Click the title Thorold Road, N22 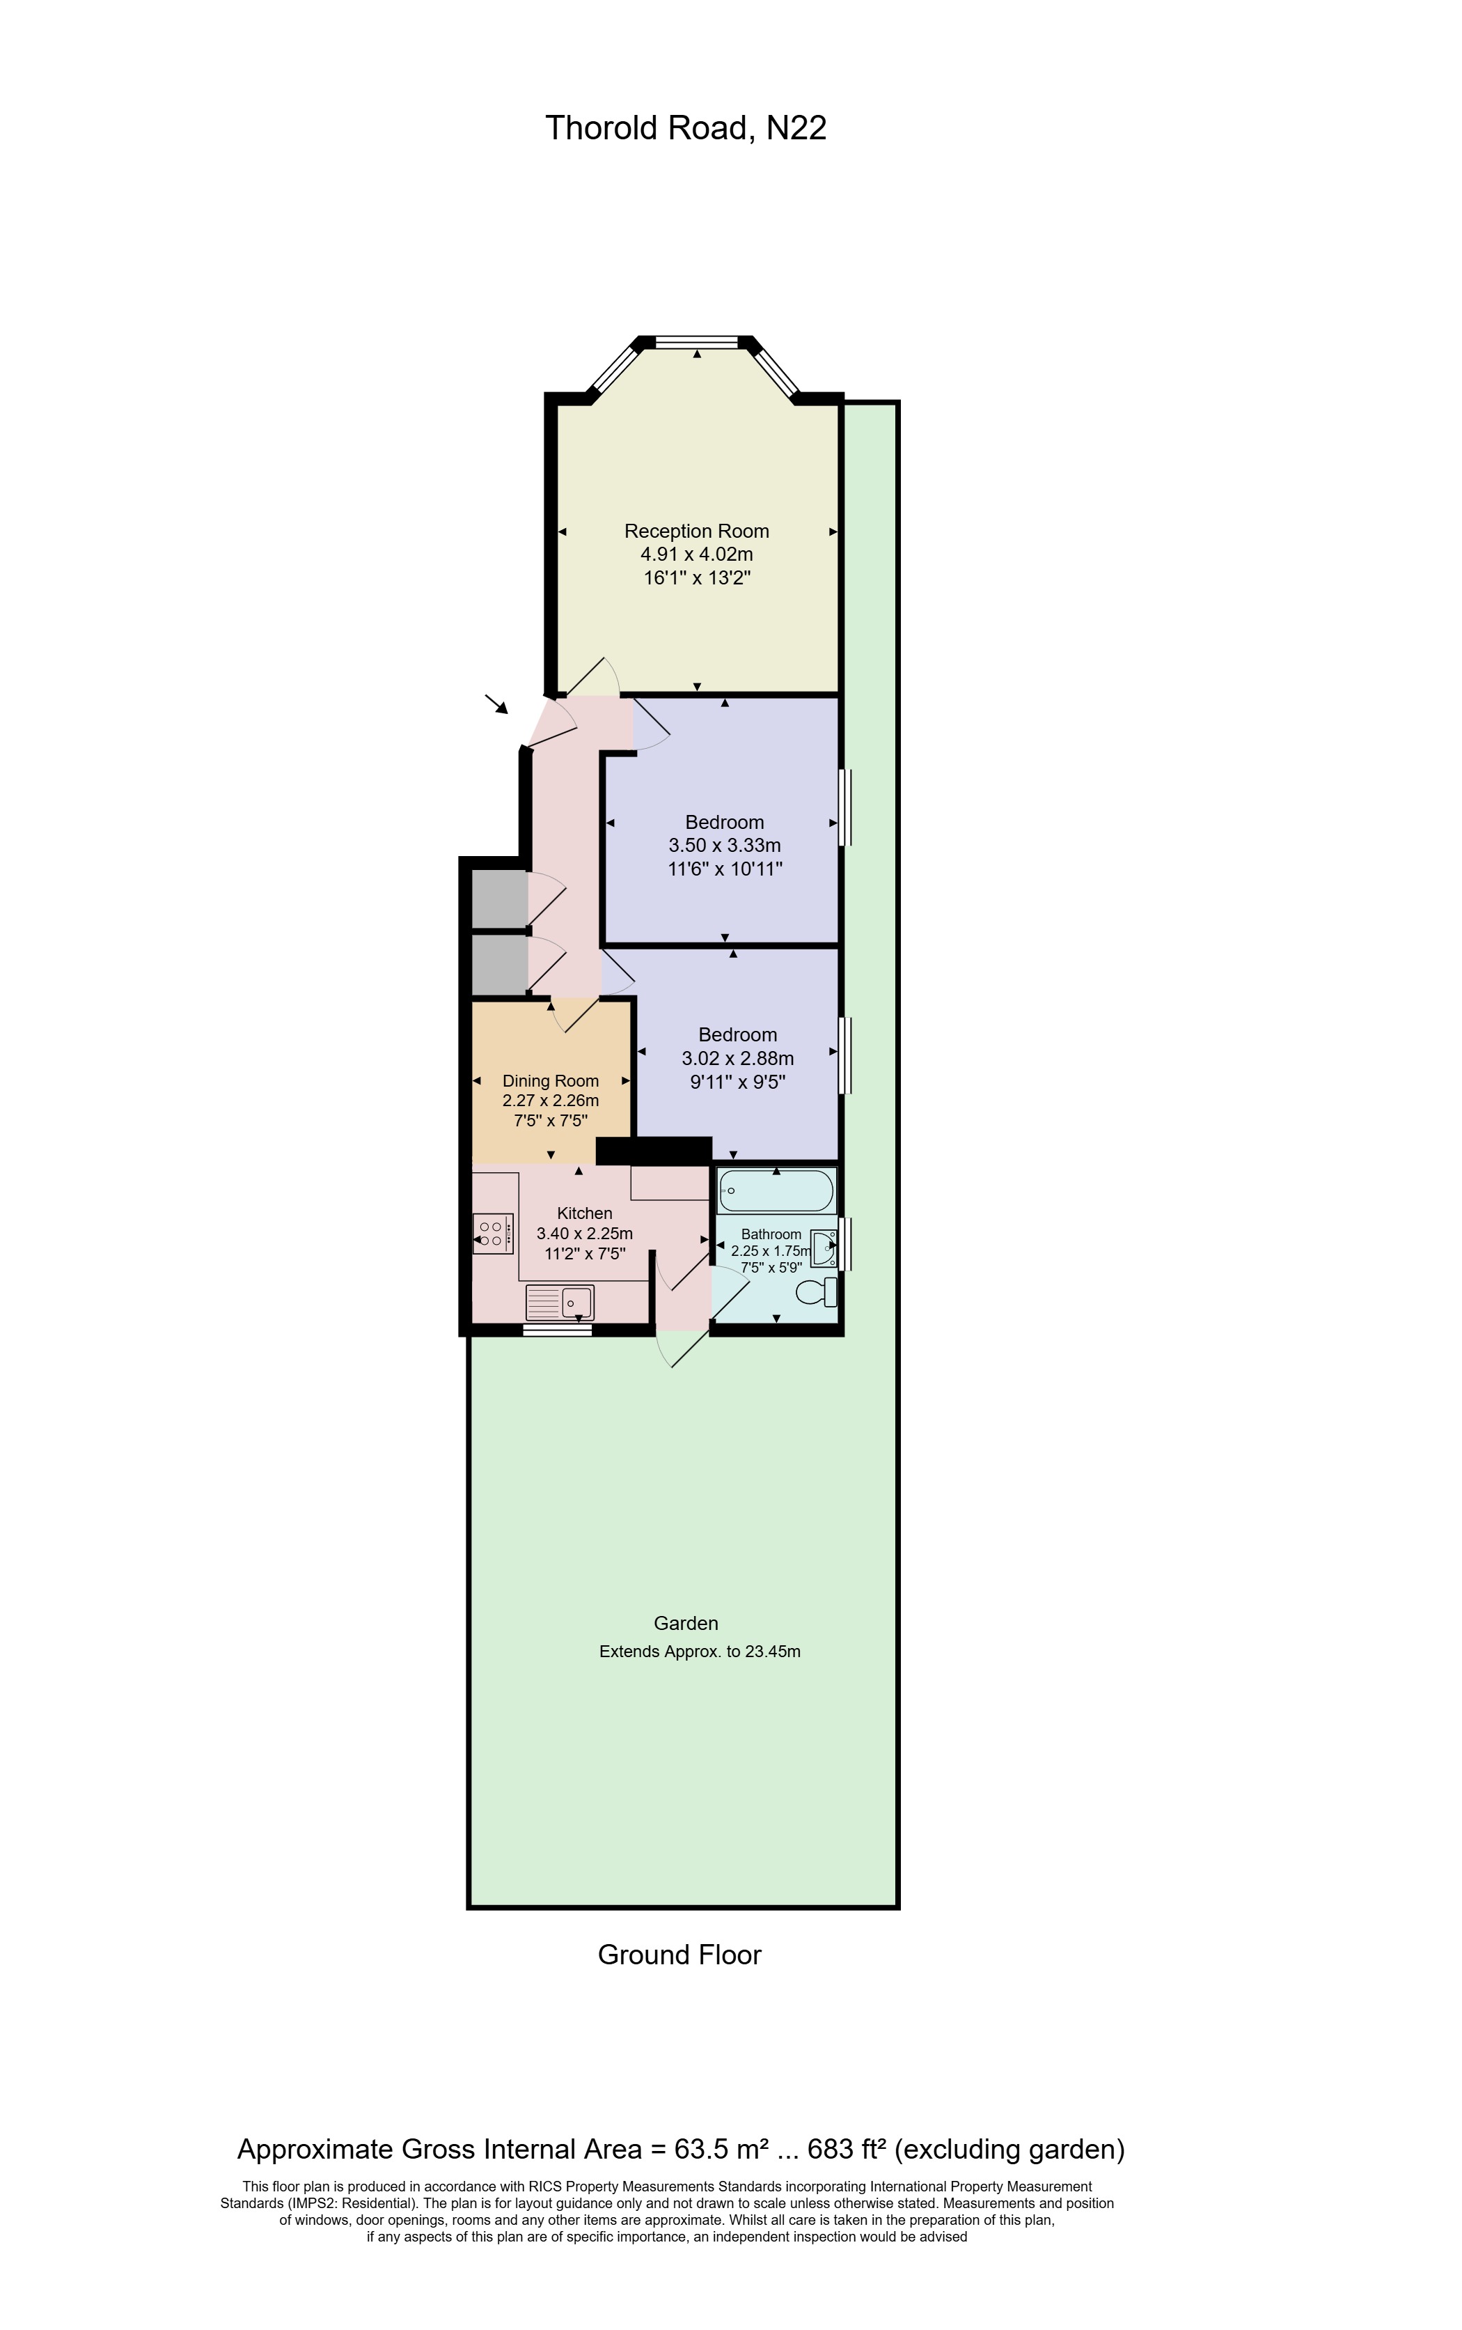(x=686, y=127)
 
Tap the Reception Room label (x=696, y=531)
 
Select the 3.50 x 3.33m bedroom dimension (x=724, y=846)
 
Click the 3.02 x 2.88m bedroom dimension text (x=738, y=1058)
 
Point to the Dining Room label (x=550, y=1080)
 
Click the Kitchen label (x=584, y=1213)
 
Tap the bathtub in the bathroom (x=776, y=1192)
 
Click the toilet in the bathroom (x=818, y=1291)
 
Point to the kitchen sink (x=561, y=1302)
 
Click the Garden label (x=686, y=1624)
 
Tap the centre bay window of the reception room (x=696, y=341)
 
